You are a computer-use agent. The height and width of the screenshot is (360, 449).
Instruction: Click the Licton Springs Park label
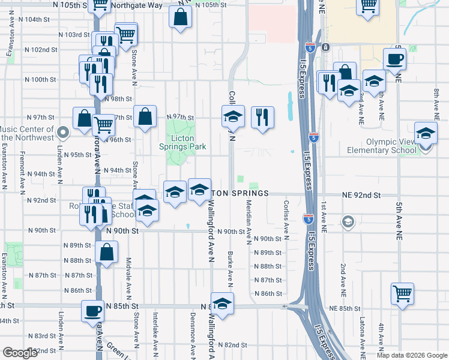(182, 142)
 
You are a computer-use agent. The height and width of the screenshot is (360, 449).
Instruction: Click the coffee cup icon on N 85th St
(93, 311)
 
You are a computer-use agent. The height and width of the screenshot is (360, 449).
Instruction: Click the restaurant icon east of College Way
(262, 117)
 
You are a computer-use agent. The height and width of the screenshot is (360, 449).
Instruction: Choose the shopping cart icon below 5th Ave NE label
(402, 293)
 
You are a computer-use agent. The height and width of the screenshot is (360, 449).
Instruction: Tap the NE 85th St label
(348, 308)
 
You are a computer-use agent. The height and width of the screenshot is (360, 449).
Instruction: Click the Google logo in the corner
(20, 353)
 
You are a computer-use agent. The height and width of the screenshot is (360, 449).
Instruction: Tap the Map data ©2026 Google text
(412, 355)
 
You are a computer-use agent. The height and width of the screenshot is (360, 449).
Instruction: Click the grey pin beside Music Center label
(64, 131)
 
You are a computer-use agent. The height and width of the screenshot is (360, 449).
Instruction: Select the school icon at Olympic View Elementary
(425, 134)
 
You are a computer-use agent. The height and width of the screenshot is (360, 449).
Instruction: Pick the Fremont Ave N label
(22, 172)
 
